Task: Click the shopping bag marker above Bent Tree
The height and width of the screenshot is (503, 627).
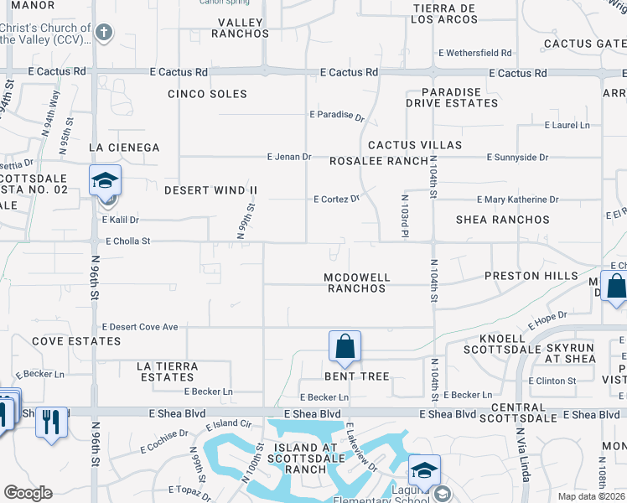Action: point(345,345)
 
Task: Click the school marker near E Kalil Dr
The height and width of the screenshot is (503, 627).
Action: point(106,181)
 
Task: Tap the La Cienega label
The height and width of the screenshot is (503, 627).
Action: point(124,148)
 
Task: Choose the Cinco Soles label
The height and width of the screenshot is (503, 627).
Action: point(207,94)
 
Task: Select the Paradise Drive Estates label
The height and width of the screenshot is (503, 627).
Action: point(452,97)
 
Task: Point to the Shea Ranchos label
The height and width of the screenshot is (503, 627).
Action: point(503,220)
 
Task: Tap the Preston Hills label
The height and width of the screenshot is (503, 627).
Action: point(531,276)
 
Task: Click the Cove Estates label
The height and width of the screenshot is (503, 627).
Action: point(76,341)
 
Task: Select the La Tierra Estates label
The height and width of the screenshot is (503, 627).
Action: point(168,371)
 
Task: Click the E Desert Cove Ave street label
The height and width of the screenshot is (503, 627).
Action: point(140,327)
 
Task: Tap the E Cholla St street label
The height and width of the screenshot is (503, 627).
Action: point(126,241)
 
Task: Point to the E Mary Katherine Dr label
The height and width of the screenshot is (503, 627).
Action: point(517,200)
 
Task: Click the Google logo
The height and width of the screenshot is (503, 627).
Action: point(28,493)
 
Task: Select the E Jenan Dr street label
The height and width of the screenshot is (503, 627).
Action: point(289,157)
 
